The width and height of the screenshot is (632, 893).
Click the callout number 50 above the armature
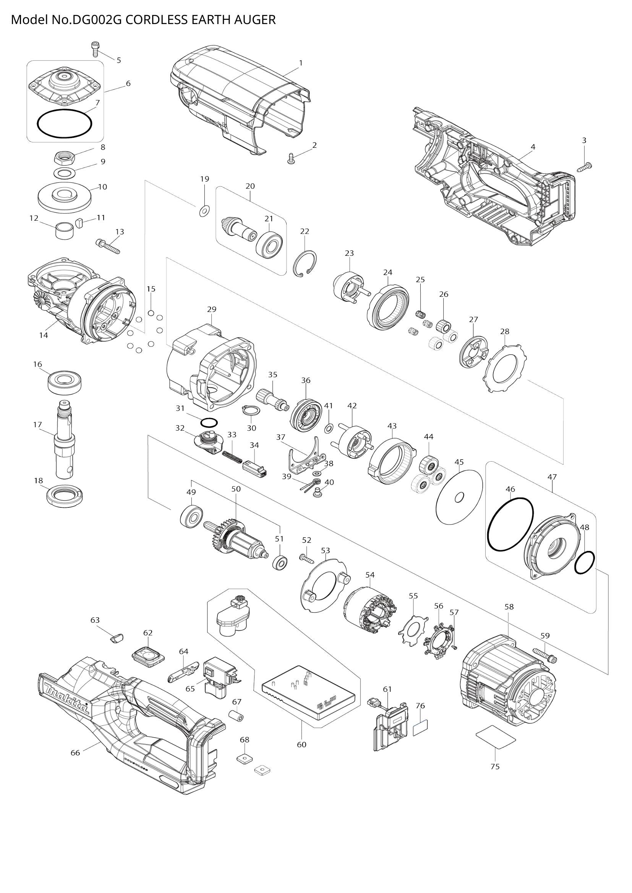point(236,489)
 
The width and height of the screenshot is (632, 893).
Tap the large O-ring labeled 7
point(65,124)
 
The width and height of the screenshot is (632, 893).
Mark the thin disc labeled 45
point(460,497)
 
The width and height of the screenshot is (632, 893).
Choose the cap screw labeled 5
point(94,49)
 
